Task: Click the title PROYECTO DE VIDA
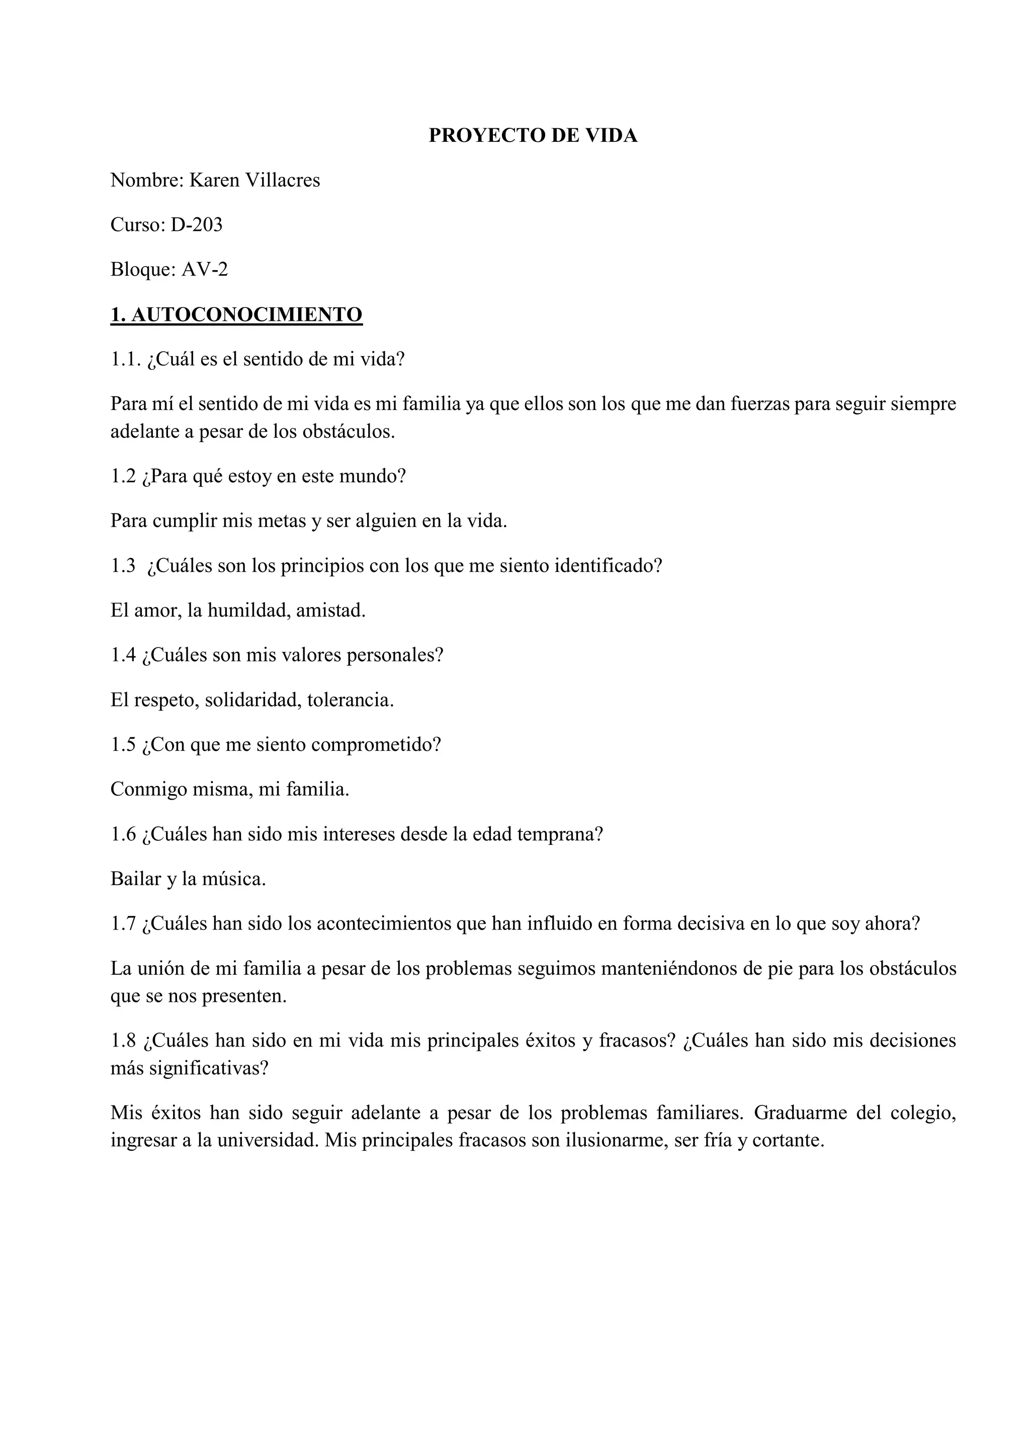(x=533, y=136)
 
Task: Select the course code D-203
(x=196, y=225)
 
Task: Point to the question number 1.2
(x=123, y=476)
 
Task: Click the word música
(x=233, y=879)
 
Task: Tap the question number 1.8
(x=123, y=1041)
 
